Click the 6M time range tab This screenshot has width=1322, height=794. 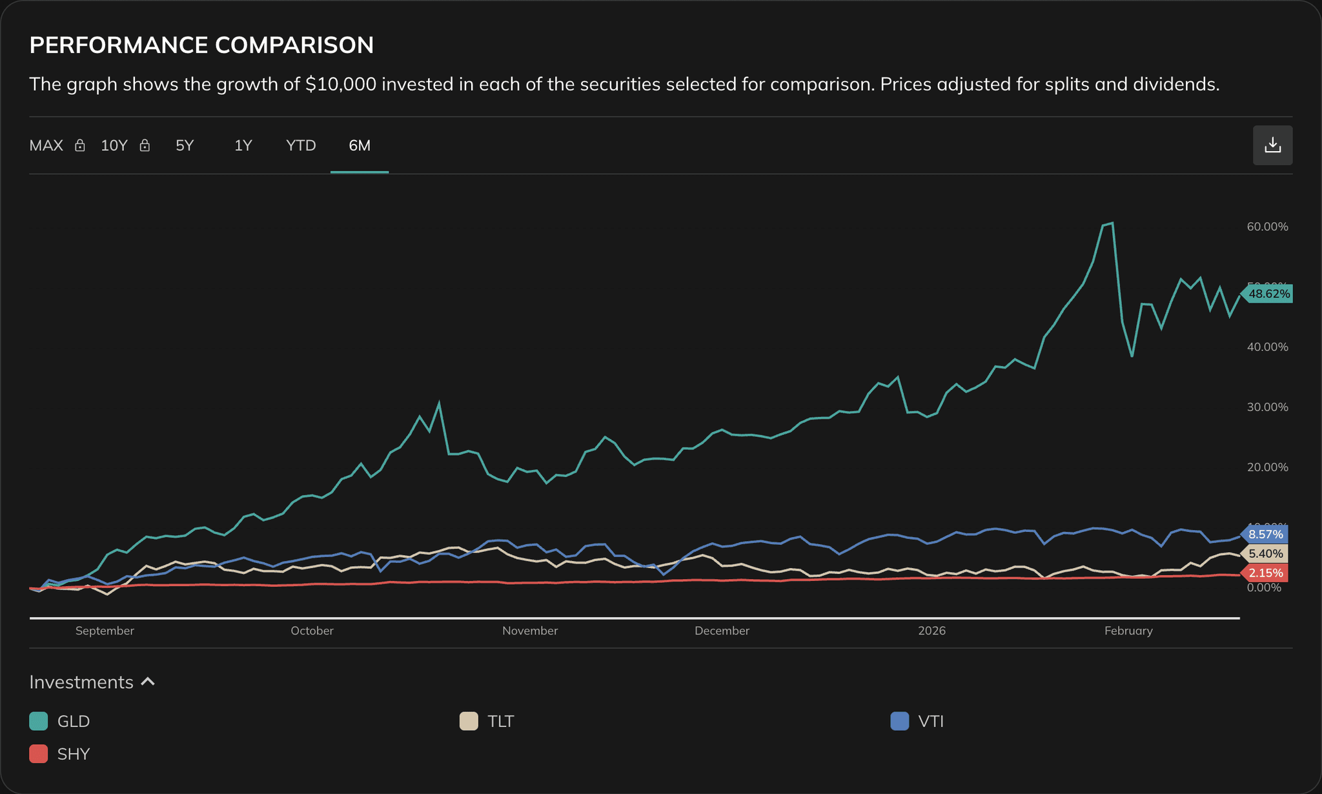360,146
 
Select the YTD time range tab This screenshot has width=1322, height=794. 301,146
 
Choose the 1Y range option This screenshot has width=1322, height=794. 243,146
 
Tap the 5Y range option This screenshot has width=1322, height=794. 185,146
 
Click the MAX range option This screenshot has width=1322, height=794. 46,146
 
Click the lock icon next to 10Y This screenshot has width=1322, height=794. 145,146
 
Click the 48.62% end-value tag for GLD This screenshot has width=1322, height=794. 1268,294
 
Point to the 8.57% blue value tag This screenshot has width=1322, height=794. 1265,534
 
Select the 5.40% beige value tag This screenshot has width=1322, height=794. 1265,554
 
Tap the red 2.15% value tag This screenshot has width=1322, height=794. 1265,573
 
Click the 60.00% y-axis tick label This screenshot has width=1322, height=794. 1267,227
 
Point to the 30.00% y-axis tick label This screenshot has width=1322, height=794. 1267,407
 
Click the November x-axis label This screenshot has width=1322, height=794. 530,631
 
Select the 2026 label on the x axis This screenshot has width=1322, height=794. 931,631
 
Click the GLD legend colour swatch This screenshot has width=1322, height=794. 39,721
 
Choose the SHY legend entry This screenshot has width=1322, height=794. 73,754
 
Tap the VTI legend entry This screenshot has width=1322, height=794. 930,721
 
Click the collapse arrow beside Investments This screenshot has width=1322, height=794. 148,682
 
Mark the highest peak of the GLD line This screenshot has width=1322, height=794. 1112,223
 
